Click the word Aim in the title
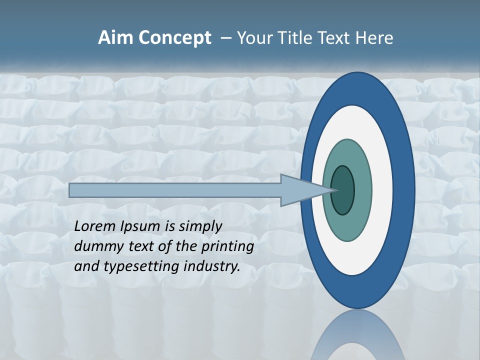[114, 38]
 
